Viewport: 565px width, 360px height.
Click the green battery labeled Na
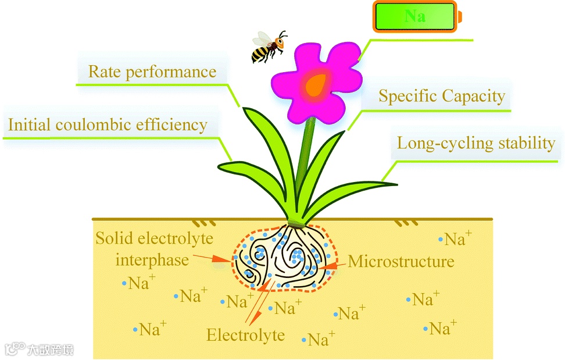coord(414,16)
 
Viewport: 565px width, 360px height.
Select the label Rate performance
coord(152,72)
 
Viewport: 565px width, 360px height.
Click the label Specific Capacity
coord(442,96)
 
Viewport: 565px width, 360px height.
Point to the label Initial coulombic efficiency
coord(108,124)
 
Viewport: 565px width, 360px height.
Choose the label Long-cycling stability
coord(476,143)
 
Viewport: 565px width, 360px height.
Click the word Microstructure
coord(401,261)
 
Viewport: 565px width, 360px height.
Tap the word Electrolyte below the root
coord(246,335)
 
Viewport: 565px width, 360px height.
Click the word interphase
coord(152,259)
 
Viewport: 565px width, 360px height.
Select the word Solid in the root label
coord(114,238)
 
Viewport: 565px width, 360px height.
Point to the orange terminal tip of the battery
coord(460,16)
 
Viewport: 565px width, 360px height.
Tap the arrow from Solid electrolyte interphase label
coord(213,258)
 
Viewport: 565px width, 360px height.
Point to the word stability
coord(527,143)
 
